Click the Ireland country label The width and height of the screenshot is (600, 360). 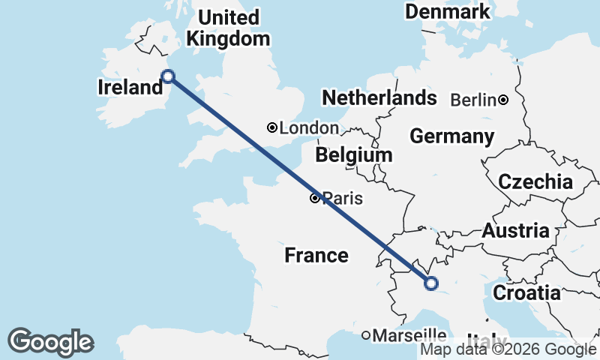(130, 88)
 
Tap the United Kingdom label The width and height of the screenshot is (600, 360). (228, 28)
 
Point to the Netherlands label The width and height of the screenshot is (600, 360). (379, 97)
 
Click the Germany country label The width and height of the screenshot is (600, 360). (451, 136)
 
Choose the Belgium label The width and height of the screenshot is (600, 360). (354, 155)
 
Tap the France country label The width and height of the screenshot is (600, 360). (316, 256)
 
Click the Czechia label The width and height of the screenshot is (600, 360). (535, 181)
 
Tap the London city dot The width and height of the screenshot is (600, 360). (272, 128)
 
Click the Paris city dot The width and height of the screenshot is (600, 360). (315, 199)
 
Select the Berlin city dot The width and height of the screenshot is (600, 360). (503, 100)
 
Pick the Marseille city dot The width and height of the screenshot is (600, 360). (366, 334)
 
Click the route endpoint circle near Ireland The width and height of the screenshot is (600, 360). (169, 76)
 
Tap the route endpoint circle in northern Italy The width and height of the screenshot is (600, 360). (430, 283)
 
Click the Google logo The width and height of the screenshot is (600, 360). (50, 342)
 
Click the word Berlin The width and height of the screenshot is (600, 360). (475, 100)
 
